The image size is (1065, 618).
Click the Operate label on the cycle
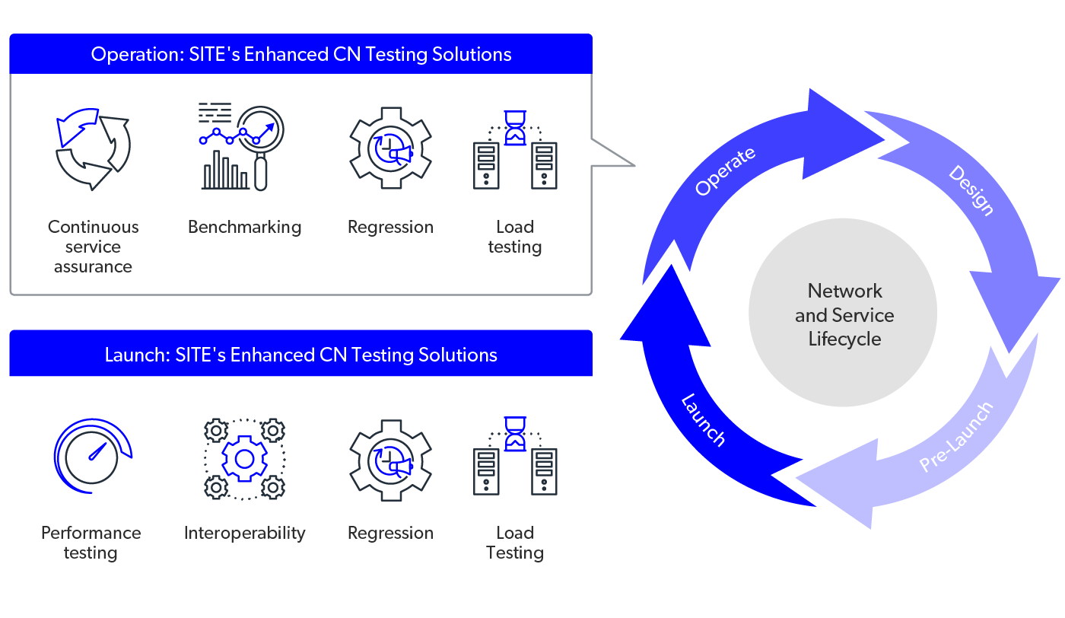[x=726, y=172]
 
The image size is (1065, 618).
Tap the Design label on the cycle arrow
[x=971, y=190]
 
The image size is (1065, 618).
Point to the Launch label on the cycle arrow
[x=703, y=419]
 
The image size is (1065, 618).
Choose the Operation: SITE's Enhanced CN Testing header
[x=301, y=54]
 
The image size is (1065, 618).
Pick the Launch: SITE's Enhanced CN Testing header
[x=301, y=355]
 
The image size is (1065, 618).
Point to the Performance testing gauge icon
[x=92, y=455]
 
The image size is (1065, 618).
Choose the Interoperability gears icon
[x=244, y=458]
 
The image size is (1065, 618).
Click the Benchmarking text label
[x=244, y=227]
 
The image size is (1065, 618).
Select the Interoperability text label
[x=244, y=533]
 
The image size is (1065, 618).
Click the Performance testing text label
[x=91, y=543]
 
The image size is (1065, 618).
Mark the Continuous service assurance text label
[x=93, y=247]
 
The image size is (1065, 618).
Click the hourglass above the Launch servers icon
[x=515, y=432]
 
